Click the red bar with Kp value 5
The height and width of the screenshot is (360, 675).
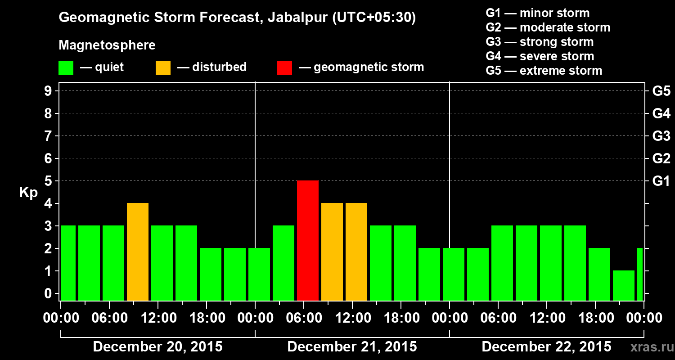click(308, 240)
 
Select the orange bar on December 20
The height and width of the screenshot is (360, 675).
click(138, 252)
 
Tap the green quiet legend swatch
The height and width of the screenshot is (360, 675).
click(66, 67)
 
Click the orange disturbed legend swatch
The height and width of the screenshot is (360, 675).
click(163, 67)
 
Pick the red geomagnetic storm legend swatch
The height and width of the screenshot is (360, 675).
click(284, 67)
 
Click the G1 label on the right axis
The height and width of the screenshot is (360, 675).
click(661, 181)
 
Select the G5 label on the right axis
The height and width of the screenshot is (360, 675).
click(661, 91)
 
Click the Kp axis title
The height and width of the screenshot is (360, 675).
click(28, 193)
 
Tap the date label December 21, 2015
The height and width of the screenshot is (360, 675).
click(352, 347)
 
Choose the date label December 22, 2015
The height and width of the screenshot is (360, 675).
click(546, 347)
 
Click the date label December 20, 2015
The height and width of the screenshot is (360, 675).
click(157, 347)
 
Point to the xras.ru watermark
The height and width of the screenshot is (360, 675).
click(650, 347)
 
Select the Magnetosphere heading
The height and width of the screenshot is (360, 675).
click(107, 45)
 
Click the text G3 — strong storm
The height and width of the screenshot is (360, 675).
click(540, 42)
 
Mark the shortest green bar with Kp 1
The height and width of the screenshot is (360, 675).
click(624, 285)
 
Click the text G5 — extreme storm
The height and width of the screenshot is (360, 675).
click(544, 71)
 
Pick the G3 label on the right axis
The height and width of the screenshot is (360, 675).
click(661, 136)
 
